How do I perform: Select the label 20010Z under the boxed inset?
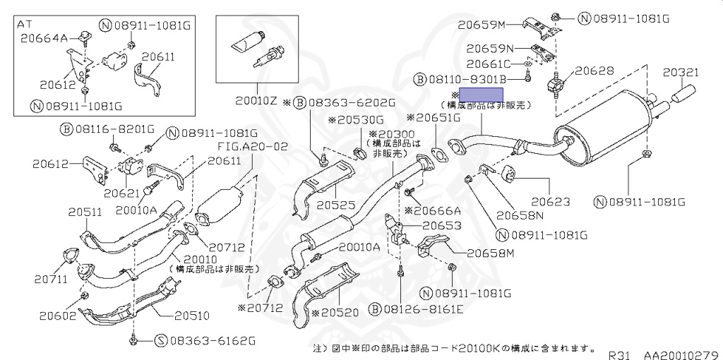click(256, 101)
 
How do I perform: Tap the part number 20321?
click(681, 73)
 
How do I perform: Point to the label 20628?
click(594, 71)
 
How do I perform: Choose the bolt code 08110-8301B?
click(467, 80)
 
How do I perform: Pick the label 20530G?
click(359, 120)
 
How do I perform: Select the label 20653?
click(442, 225)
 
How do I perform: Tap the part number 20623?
click(551, 201)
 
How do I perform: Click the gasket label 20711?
click(51, 279)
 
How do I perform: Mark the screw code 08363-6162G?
click(213, 342)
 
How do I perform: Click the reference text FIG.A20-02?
click(253, 146)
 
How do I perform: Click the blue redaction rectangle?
click(481, 95)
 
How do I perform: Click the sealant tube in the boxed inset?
click(246, 40)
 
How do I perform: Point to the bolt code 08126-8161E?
click(422, 309)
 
